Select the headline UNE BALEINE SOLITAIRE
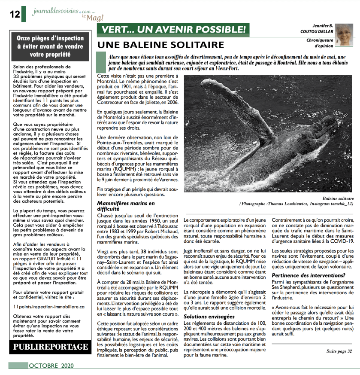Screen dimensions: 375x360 coord(159,45)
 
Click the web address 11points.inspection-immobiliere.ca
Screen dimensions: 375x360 coord(49,307)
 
